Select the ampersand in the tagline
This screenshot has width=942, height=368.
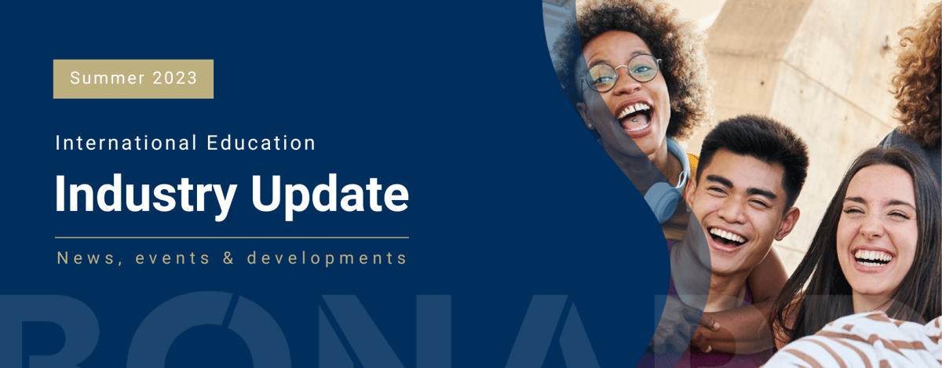click(x=228, y=257)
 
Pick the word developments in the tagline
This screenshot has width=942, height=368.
click(x=327, y=257)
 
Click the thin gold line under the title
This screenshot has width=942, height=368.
click(x=232, y=236)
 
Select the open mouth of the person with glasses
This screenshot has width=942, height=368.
click(x=634, y=116)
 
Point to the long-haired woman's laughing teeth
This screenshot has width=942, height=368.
click(x=873, y=257)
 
